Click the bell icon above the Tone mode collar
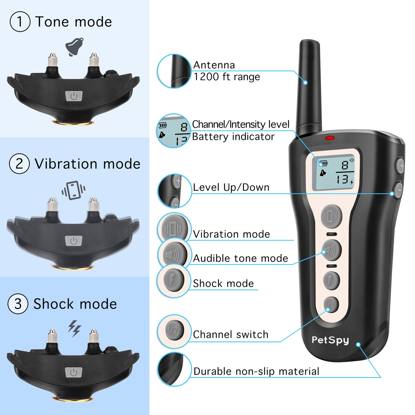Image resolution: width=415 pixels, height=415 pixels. (x=74, y=47)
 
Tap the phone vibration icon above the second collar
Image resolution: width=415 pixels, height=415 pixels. (x=74, y=190)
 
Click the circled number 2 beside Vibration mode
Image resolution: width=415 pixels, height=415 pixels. (x=19, y=164)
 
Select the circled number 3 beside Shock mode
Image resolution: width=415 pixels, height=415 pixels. (x=18, y=304)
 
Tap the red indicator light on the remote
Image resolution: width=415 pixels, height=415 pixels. (x=329, y=138)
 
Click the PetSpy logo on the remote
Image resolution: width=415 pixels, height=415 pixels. (x=330, y=340)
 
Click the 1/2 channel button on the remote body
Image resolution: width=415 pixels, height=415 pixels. (x=331, y=305)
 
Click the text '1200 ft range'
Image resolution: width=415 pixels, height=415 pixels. (x=227, y=77)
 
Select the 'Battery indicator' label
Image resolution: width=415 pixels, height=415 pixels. (x=233, y=136)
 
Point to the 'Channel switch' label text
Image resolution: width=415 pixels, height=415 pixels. (x=231, y=335)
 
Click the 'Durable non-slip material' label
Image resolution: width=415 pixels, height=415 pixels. (x=256, y=371)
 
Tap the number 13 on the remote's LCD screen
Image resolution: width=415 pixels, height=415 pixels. (x=342, y=179)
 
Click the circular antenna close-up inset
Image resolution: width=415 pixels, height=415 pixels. (x=174, y=71)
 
